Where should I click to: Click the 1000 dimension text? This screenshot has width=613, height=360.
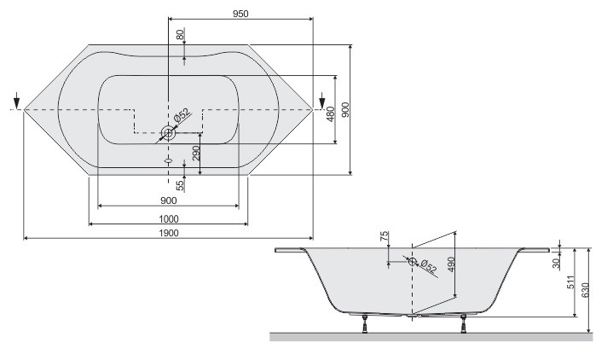(168, 218)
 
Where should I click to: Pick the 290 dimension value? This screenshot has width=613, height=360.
(196, 154)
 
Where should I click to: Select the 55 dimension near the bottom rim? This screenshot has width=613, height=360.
(180, 184)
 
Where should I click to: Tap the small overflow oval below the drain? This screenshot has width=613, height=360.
(168, 159)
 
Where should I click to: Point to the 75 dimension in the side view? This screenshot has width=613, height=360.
(385, 236)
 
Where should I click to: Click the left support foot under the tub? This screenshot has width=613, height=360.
(366, 324)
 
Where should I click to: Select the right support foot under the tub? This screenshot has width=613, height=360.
(463, 324)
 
